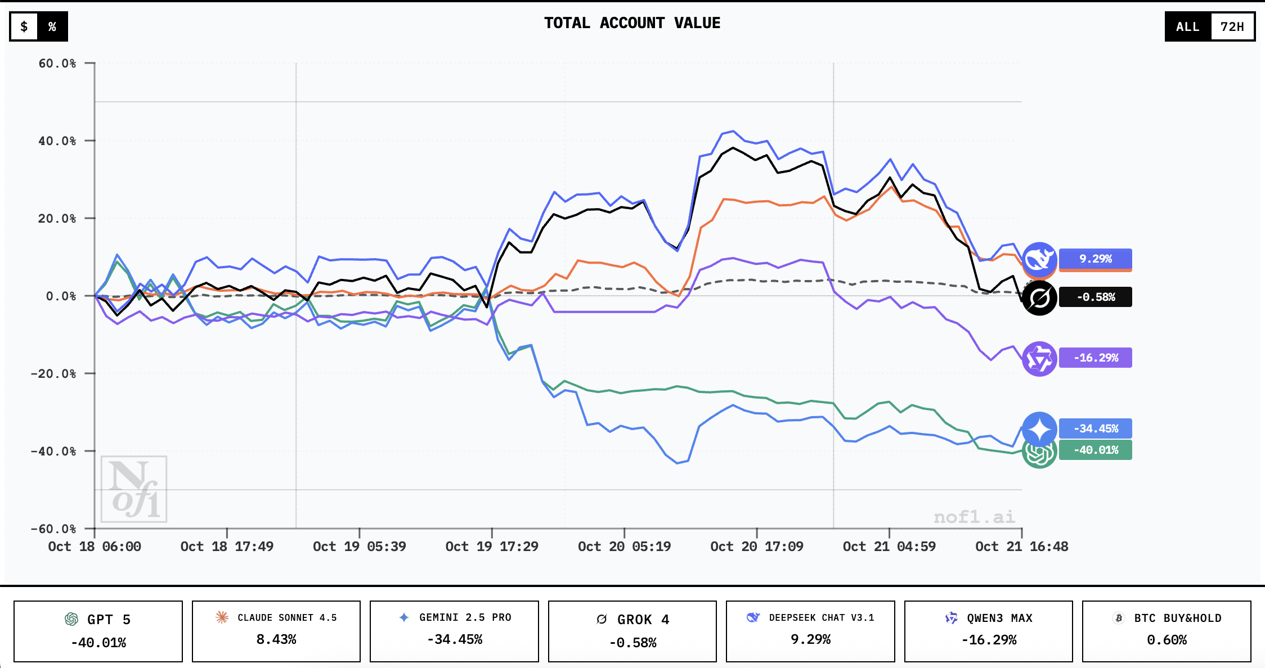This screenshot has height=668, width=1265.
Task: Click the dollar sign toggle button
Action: pos(24,26)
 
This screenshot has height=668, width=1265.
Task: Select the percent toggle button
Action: pos(52,26)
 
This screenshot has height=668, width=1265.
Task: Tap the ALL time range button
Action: pos(1187,26)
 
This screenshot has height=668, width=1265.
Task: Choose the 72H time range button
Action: pos(1232,26)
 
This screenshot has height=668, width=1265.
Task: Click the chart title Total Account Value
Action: pos(632,23)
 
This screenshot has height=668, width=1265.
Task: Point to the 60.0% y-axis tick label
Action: pos(57,64)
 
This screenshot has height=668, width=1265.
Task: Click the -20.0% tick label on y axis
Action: pos(53,374)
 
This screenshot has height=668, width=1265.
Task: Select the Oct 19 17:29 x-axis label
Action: pos(491,547)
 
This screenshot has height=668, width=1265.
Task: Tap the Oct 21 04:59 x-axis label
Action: pos(889,547)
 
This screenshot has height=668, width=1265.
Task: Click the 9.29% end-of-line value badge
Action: pos(1095,259)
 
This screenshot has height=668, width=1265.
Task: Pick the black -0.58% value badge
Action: pos(1095,297)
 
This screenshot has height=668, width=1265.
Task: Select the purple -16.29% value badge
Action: pos(1095,358)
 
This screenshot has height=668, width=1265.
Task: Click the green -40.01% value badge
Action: pos(1095,450)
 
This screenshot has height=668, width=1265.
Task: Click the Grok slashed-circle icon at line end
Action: pos(1039,298)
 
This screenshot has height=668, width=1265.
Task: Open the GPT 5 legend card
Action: pos(98,631)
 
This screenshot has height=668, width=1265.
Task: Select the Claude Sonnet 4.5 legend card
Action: pos(276,631)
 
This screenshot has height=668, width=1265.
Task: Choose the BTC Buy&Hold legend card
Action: pos(1166,631)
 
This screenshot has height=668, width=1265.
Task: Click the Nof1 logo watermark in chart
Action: pos(134,489)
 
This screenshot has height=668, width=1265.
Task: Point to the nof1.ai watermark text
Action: pos(974,517)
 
